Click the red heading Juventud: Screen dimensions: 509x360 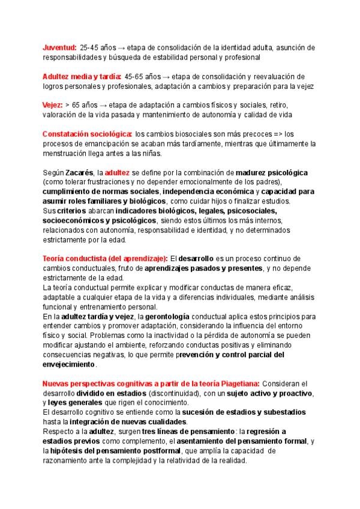click(59, 47)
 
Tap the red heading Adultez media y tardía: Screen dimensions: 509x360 click(82, 76)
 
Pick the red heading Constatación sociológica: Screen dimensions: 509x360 click(88, 134)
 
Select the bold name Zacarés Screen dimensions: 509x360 click(79, 172)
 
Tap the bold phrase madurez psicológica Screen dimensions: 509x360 click(272, 172)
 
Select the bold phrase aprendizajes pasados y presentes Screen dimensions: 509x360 click(203, 268)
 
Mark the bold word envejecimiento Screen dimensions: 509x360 click(68, 364)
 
